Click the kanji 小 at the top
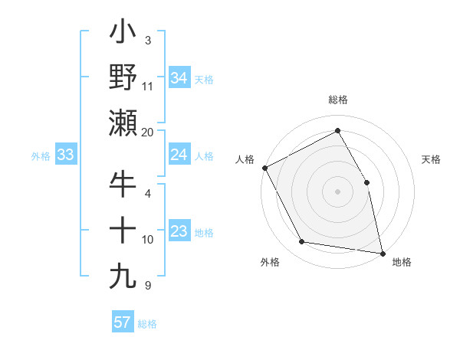pos(123,34)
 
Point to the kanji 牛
pos(123,185)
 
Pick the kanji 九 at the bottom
pos(123,275)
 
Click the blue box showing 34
pos(179,77)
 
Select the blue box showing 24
pos(179,155)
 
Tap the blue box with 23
pos(179,231)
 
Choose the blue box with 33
pos(66,155)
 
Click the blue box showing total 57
pos(122,322)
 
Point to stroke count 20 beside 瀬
pos(148,132)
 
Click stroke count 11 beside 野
pos(148,86)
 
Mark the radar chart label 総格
pos(337,100)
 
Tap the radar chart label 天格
pos(432,159)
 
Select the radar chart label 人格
pos(245,159)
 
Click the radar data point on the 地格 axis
pos(383,253)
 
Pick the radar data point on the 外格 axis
pos(301,242)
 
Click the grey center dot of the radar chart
pos(337,191)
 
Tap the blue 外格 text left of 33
pos(41,156)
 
